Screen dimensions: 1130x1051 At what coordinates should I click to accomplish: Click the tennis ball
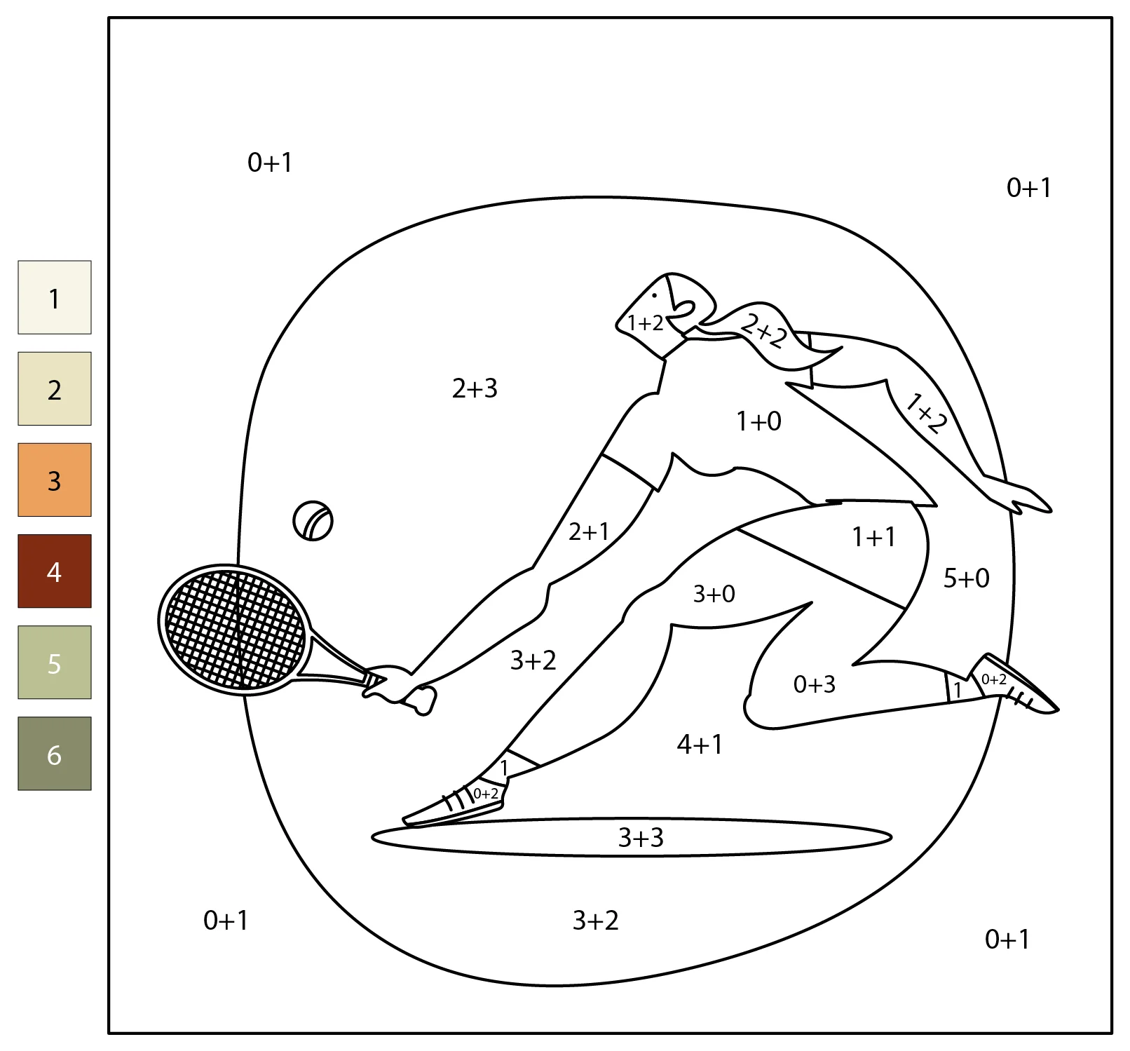tap(313, 521)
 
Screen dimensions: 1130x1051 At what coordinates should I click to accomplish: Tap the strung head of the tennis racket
tap(234, 629)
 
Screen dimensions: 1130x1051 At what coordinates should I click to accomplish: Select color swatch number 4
tap(55, 571)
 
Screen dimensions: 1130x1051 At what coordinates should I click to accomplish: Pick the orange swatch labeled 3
tap(55, 480)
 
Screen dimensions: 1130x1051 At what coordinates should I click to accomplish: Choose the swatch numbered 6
tap(55, 754)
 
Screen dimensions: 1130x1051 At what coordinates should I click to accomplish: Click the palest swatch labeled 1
tap(55, 297)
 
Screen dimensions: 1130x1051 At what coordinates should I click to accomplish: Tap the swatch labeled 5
tap(55, 662)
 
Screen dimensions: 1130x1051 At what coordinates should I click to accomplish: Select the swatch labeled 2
tap(55, 388)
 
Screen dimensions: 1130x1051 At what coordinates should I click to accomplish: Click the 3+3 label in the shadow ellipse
tap(641, 837)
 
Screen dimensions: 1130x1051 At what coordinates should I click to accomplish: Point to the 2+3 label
tap(475, 388)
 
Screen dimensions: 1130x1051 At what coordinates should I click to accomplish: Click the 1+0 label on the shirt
tap(758, 421)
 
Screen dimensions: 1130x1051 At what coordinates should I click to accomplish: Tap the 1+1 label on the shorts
tap(873, 537)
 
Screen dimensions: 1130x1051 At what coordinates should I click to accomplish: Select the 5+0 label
tap(966, 578)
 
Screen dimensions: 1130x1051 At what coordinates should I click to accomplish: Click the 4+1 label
tap(700, 744)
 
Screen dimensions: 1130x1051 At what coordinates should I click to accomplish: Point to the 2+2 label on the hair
tap(765, 331)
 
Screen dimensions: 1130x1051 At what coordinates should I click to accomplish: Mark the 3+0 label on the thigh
tap(714, 594)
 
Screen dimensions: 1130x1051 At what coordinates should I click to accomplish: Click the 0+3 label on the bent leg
tap(814, 684)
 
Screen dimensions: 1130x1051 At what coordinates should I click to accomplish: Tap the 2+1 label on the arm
tap(589, 531)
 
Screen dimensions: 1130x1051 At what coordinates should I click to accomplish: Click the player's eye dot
tap(655, 295)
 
